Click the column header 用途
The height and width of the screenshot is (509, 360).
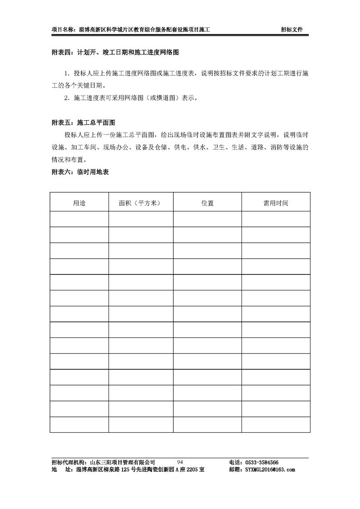point(79,203)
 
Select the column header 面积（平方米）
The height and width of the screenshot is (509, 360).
point(140,203)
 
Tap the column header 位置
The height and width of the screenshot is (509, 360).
point(207,203)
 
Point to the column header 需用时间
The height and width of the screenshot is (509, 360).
point(276,203)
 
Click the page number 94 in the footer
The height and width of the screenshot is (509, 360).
point(179,461)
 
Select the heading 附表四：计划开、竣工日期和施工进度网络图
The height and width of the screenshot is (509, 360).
point(116,53)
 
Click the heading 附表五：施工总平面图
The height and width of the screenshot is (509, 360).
point(84,123)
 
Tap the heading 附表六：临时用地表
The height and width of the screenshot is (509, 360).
point(80,172)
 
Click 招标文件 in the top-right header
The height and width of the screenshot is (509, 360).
point(291,30)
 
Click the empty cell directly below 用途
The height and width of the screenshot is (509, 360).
point(79,219)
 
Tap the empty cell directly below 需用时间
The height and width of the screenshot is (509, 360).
point(276,219)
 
